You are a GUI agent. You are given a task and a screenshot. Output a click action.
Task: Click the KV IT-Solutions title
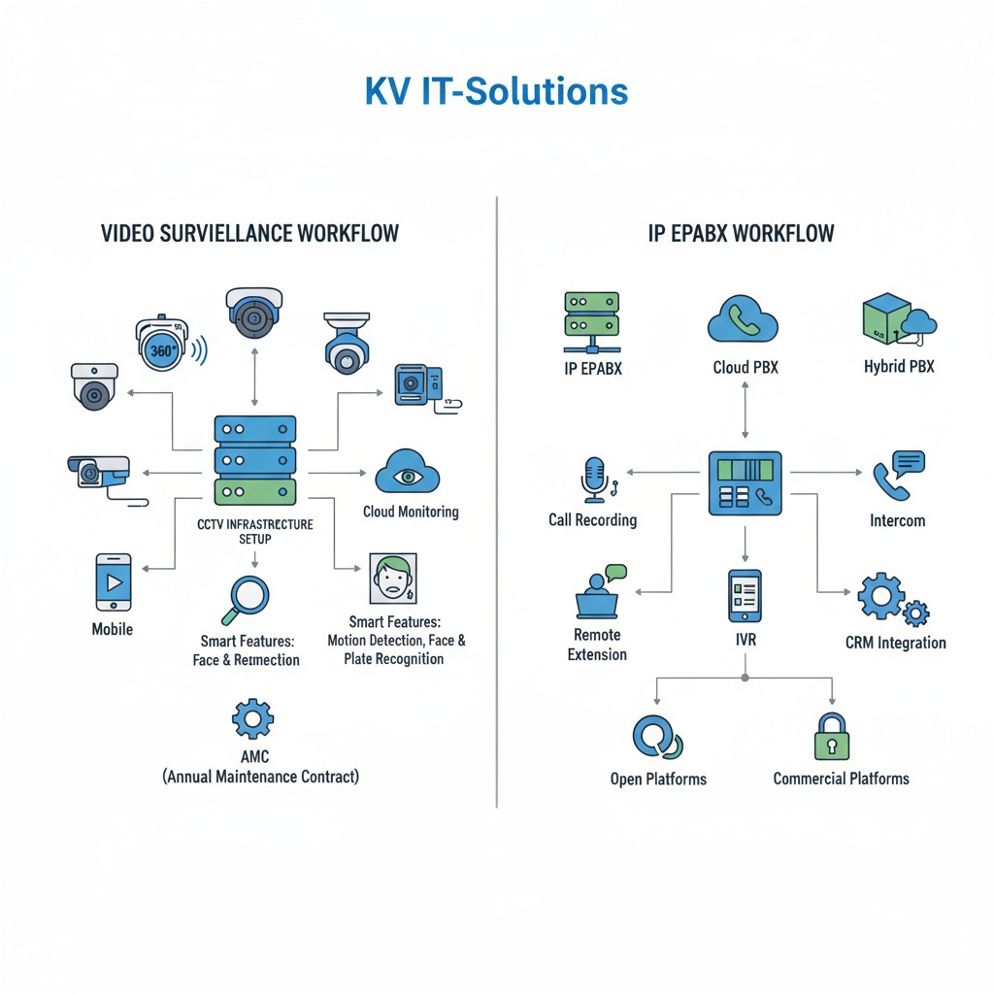(x=496, y=91)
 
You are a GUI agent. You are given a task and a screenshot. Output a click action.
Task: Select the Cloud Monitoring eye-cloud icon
(x=408, y=473)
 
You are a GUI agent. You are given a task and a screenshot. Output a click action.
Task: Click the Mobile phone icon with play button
(x=114, y=582)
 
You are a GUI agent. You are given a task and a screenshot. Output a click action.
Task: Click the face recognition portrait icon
(x=393, y=580)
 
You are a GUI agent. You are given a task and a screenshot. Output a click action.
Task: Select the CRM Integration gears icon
(x=891, y=600)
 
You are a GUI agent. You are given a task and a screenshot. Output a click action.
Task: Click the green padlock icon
(x=832, y=738)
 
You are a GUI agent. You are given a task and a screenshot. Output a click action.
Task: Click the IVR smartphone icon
(x=745, y=596)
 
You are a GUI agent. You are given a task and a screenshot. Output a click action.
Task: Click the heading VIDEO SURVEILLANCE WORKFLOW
(x=249, y=235)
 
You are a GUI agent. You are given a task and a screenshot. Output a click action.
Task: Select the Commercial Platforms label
(x=841, y=779)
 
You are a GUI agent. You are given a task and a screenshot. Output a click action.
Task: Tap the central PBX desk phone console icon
(x=745, y=482)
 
